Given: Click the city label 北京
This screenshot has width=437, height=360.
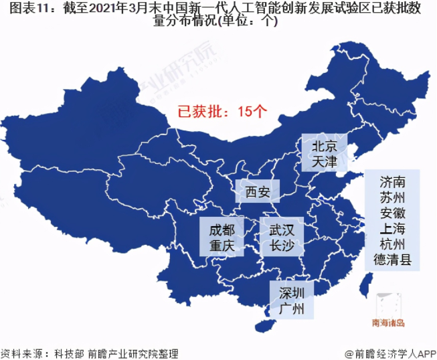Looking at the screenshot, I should (323, 146).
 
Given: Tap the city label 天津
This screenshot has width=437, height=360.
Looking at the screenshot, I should (323, 161).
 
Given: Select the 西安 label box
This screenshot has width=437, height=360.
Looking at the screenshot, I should (257, 193).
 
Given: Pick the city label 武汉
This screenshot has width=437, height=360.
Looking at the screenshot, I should (282, 229).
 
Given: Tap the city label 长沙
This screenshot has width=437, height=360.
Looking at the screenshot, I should (282, 246).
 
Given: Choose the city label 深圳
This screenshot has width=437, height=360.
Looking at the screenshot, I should (292, 292).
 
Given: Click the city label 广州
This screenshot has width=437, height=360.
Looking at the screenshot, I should (292, 308).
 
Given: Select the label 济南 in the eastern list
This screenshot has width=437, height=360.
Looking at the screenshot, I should (392, 182).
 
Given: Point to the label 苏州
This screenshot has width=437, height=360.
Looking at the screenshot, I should (392, 198).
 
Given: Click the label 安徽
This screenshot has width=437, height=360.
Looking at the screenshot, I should (392, 213).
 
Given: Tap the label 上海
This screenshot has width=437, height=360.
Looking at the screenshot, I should (392, 229).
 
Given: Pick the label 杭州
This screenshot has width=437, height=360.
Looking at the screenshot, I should (392, 244).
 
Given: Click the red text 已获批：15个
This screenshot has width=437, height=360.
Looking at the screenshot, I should (222, 111).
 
